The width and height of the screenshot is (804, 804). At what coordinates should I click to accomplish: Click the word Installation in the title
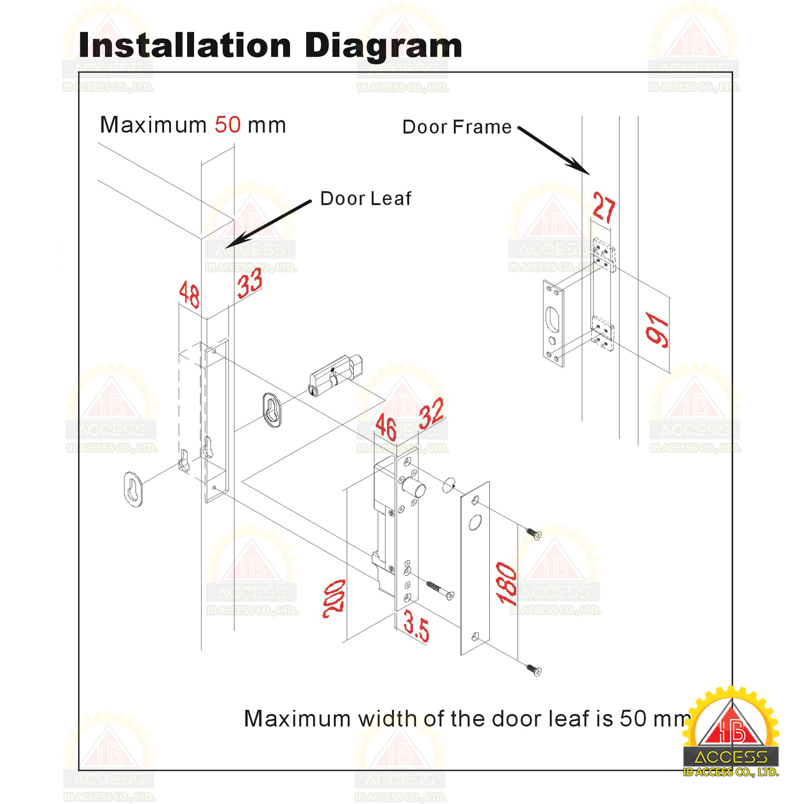coord(185,45)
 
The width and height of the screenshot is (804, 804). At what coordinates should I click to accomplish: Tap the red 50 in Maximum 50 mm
coord(228,125)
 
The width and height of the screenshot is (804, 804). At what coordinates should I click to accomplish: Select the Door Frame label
coord(457,127)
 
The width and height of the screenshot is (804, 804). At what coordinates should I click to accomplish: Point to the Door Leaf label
coord(366,198)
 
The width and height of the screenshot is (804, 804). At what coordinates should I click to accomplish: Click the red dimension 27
coord(604,207)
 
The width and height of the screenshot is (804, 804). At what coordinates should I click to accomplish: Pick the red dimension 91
coord(658,329)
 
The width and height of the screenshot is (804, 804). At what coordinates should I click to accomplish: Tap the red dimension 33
coord(250,282)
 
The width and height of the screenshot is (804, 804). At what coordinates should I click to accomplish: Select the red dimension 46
coord(386,427)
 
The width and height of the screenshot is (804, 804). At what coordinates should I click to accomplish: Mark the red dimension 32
coord(431,413)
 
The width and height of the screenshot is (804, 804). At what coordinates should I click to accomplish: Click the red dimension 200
coord(334,599)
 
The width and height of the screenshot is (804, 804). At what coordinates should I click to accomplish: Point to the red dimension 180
coord(507,583)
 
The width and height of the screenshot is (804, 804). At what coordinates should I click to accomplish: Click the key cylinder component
coord(336,375)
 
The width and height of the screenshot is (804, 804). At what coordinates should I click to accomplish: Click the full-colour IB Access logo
coord(731,732)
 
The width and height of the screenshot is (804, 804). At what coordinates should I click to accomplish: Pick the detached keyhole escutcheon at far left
coord(133,488)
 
